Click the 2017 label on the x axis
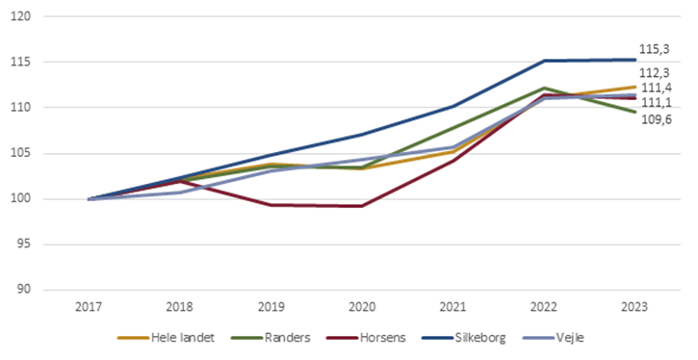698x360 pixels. (x=89, y=308)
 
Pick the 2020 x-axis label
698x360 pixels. (x=362, y=308)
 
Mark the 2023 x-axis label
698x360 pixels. (x=634, y=308)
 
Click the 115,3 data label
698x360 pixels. (x=656, y=48)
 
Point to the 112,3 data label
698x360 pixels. (x=656, y=72)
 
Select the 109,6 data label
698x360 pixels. (x=656, y=118)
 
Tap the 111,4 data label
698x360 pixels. (x=656, y=88)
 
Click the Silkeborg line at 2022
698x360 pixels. (x=544, y=61)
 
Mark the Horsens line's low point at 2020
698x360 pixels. (x=362, y=206)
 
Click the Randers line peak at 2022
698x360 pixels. (x=544, y=88)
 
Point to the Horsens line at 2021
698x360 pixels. (x=452, y=161)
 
